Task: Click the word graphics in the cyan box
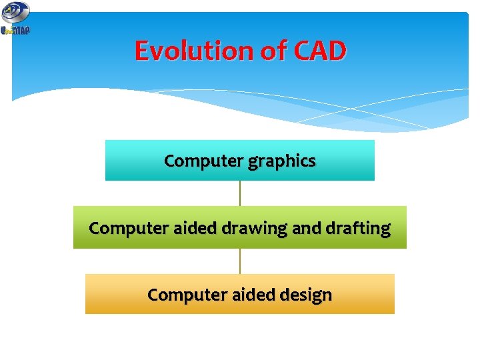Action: (x=281, y=161)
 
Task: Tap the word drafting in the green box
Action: (x=358, y=228)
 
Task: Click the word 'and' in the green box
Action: (x=307, y=228)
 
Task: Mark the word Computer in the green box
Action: (x=127, y=228)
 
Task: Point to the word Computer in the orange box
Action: (x=186, y=295)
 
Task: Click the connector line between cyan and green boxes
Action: (x=240, y=193)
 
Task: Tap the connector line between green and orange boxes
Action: (x=240, y=261)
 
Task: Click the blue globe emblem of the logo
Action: (x=15, y=12)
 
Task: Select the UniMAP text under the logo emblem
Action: (x=15, y=30)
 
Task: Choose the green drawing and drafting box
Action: (x=100, y=240)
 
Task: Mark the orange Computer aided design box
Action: (x=113, y=305)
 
